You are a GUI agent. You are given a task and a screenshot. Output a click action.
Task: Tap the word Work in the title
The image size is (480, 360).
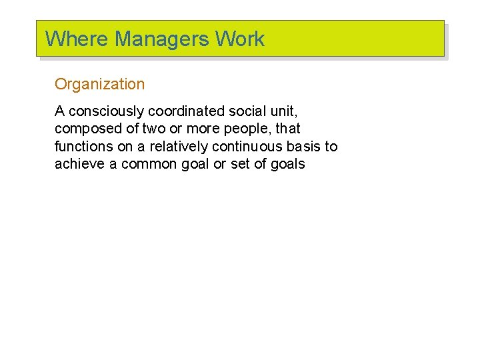click(240, 39)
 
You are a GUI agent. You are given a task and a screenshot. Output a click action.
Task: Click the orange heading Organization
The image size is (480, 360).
click(99, 85)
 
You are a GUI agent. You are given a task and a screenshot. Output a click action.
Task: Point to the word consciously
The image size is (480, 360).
click(106, 111)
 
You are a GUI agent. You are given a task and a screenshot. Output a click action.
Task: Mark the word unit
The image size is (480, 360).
click(285, 111)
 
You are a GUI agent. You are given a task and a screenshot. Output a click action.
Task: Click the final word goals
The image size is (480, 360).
click(287, 163)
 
